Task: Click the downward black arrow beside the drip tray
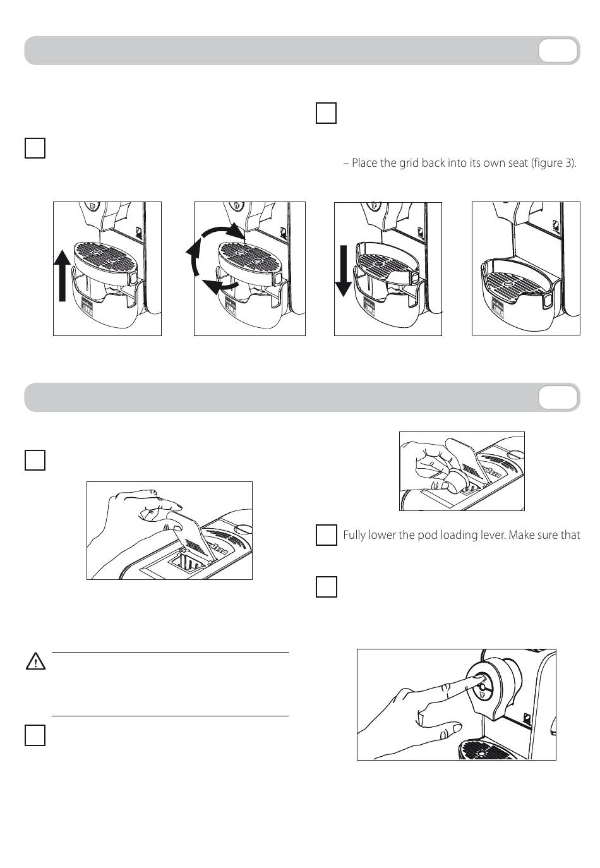343,270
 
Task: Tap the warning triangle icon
35,662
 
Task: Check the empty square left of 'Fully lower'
326,535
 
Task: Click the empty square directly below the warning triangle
35,735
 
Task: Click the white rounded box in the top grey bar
558,51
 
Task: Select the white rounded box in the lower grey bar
558,397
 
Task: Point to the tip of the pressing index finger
475,677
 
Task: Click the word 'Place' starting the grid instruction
364,163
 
